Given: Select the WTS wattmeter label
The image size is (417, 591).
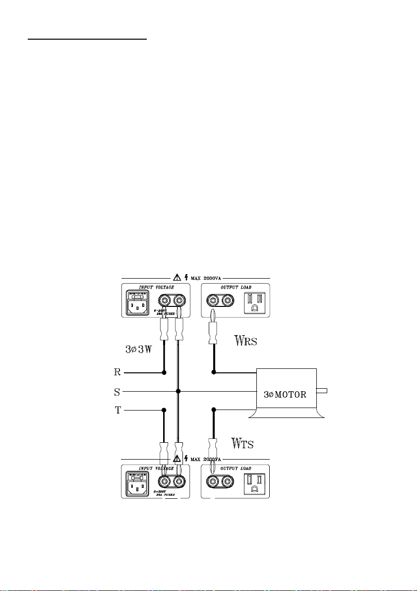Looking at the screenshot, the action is click(x=243, y=443).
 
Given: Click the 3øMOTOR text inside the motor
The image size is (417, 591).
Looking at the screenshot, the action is click(x=286, y=395).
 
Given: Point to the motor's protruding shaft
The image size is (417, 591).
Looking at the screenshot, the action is click(x=322, y=391).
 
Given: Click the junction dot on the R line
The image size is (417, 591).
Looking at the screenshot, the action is click(x=164, y=372).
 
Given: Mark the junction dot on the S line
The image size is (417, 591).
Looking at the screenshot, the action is click(x=178, y=391).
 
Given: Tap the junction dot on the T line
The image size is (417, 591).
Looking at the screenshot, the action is click(x=164, y=410).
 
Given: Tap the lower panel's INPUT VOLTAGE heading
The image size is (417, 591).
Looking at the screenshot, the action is click(x=156, y=468).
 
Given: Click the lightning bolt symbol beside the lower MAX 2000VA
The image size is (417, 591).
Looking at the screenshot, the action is click(x=185, y=459).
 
